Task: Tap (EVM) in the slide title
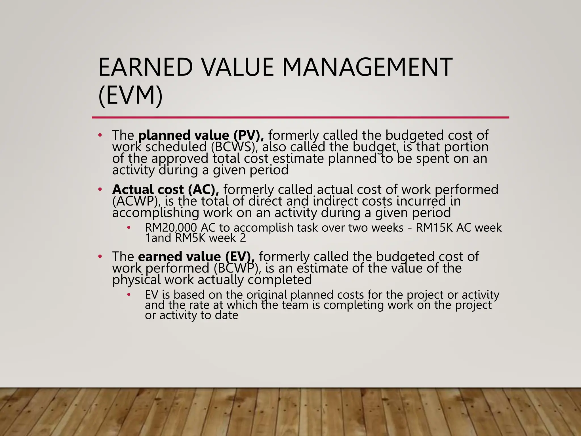(130, 95)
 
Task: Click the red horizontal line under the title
(300, 117)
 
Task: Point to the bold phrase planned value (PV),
(201, 135)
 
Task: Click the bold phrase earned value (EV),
(196, 257)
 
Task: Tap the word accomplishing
(155, 213)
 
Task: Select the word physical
(136, 280)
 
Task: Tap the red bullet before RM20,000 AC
(129, 227)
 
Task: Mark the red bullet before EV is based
(129, 295)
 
